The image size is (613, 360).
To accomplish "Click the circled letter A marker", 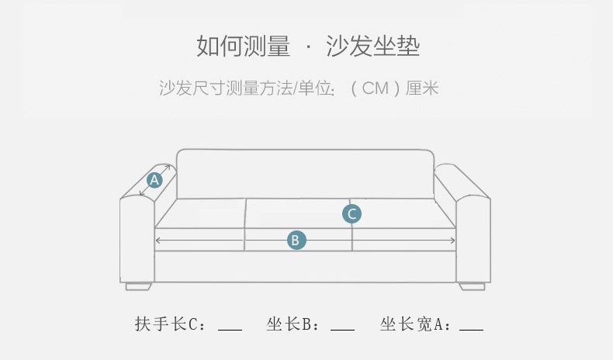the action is pyautogui.click(x=154, y=180).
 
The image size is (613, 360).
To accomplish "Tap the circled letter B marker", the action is pyautogui.click(x=295, y=241).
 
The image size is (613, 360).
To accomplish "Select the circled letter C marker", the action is pyautogui.click(x=352, y=213).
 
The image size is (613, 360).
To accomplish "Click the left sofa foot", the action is pyautogui.click(x=139, y=286).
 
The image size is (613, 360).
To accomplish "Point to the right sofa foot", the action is pyautogui.click(x=472, y=286).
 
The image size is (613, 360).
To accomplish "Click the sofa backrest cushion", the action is pyautogui.click(x=304, y=173).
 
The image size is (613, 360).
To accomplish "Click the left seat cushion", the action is pyautogui.click(x=200, y=213).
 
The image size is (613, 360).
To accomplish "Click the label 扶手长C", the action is pyautogui.click(x=167, y=324).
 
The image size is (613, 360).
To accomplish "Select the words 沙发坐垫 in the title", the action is pyautogui.click(x=373, y=47).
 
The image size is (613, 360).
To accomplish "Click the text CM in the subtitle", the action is pyautogui.click(x=375, y=88).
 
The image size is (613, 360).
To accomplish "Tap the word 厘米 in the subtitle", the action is pyautogui.click(x=423, y=88).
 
